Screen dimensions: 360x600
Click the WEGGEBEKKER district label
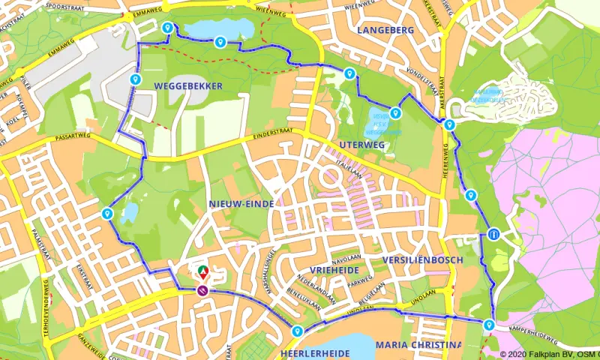coord(187,86)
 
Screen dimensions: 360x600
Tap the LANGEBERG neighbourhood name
coord(385,30)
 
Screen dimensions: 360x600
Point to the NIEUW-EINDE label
coord(240,203)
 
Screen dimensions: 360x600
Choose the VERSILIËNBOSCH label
coord(422,259)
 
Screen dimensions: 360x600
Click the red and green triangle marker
coord(201,270)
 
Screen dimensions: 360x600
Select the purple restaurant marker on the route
coord(202,290)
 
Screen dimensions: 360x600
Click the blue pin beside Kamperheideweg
coord(489,325)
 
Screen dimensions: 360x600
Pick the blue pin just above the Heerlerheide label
coord(298,331)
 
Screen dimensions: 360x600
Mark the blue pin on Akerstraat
coord(448,124)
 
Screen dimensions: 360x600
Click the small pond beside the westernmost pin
coord(130,213)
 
